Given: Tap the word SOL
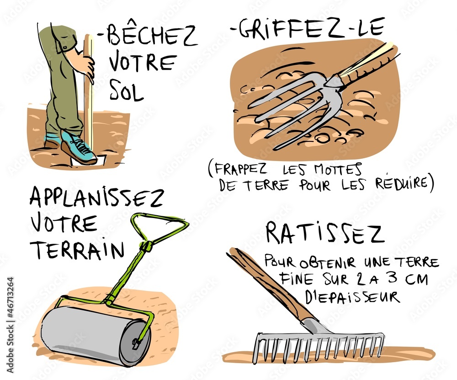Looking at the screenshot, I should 127,90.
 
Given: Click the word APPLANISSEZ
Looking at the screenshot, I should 96,199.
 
